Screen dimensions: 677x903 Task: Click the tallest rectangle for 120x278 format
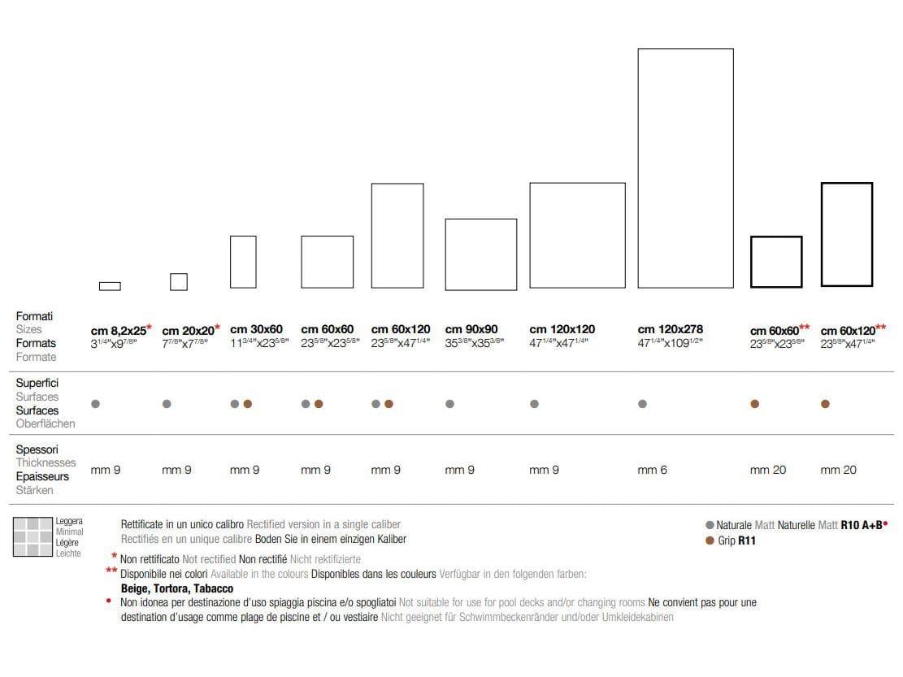685,168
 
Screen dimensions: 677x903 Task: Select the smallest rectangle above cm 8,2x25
110,286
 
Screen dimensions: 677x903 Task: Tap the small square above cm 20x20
179,281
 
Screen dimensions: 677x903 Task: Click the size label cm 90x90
471,329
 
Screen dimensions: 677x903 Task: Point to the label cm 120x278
671,329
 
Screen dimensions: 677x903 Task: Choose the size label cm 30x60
256,329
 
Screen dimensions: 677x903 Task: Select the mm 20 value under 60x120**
838,470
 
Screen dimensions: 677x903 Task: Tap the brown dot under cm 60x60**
755,404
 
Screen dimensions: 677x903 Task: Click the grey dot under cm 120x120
534,404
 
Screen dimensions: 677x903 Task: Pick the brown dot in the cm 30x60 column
248,404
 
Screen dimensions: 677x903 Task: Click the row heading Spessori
37,449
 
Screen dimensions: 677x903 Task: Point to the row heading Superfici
37,383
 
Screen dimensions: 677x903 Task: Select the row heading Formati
34,316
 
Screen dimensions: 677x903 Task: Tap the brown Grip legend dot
710,540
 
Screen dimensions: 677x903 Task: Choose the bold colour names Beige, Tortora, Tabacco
177,588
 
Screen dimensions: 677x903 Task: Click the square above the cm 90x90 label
481,254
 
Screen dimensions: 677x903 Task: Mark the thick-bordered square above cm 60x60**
776,262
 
